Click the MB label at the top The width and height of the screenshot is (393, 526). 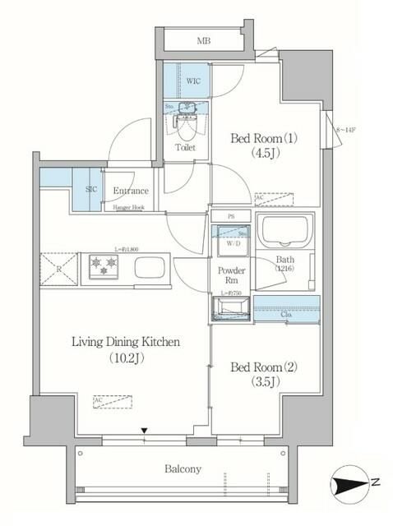[201, 39]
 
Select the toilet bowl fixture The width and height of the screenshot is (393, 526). [185, 123]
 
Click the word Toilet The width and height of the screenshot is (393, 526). [185, 148]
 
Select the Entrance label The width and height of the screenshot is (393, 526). [131, 190]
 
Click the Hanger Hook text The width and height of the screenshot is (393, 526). [128, 208]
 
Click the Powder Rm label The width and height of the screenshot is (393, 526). [229, 277]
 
